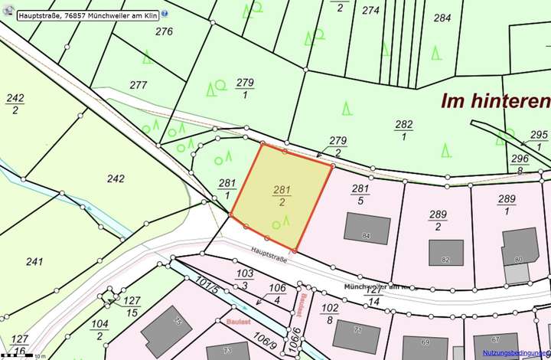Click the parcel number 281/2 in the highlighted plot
tap(281, 195)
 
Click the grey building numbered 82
tap(445, 253)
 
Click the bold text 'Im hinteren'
tap(494, 101)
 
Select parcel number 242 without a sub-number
tap(116, 178)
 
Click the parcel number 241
tap(34, 261)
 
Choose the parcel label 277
tap(138, 85)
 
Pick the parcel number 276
tap(164, 31)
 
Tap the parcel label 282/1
tap(403, 130)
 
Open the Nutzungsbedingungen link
tap(516, 353)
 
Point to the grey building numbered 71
tap(356, 335)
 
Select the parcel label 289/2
tap(438, 221)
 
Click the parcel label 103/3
tap(245, 279)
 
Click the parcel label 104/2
tap(99, 329)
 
